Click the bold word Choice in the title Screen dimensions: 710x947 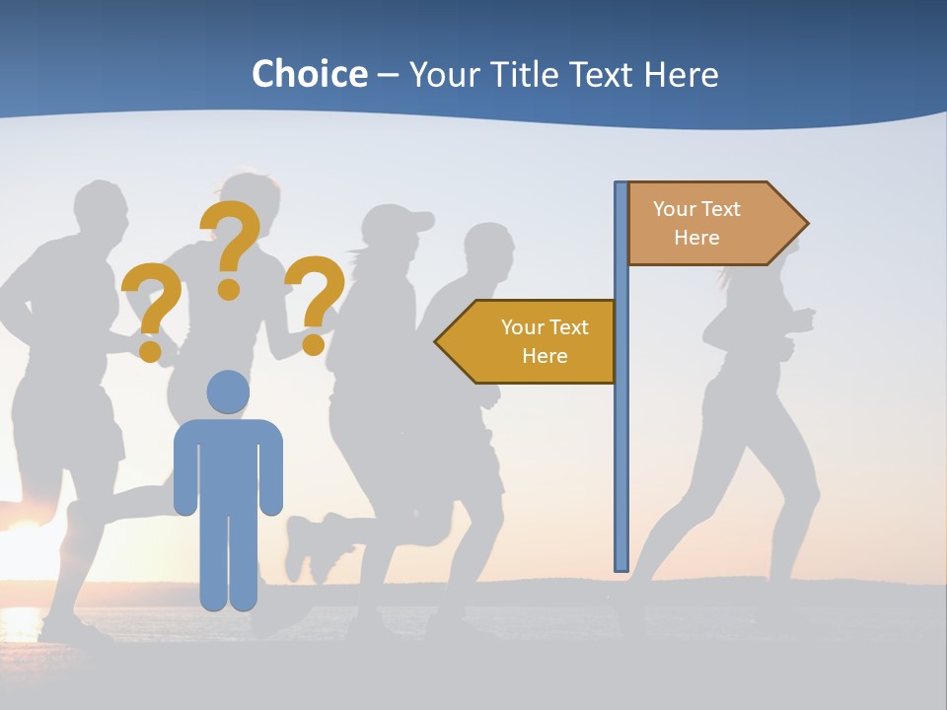click(309, 74)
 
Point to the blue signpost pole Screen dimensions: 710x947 click(621, 414)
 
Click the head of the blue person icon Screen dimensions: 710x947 click(228, 391)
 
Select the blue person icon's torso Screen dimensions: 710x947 click(228, 463)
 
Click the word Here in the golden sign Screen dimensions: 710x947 click(545, 356)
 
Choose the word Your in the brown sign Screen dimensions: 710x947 click(675, 209)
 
